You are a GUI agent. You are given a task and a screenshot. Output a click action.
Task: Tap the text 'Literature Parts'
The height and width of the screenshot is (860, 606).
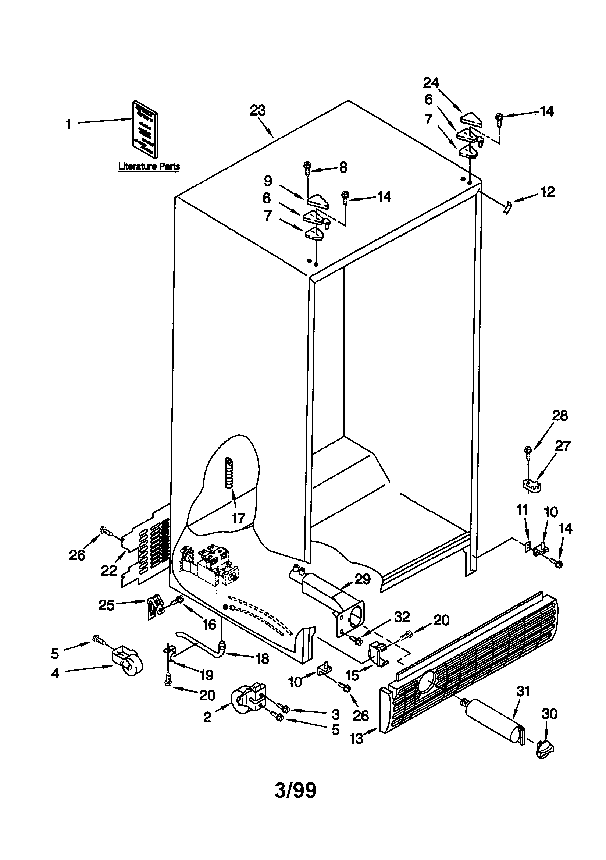tap(149, 166)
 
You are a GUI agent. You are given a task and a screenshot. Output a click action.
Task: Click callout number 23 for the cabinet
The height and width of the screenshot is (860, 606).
tap(258, 110)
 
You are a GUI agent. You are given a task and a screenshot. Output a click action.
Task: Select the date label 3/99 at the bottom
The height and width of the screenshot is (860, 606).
tap(296, 790)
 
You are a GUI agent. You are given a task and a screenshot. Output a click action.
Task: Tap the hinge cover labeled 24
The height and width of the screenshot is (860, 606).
tap(471, 120)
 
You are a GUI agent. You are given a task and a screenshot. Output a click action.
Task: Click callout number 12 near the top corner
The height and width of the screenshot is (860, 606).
tap(547, 192)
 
